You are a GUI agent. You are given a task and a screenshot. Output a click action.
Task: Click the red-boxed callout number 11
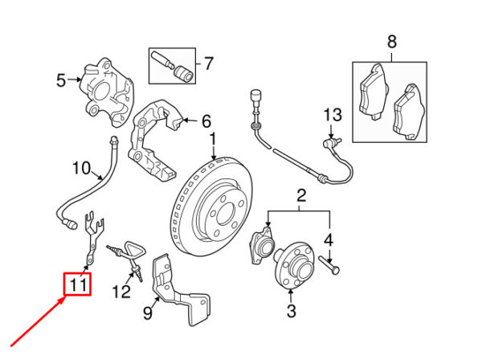(x=77, y=284)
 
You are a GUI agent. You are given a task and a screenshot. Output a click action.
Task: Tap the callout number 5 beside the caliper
(x=61, y=80)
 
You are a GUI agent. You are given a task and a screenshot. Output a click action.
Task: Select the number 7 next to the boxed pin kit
(x=209, y=63)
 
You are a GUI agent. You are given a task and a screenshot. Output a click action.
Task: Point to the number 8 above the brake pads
(x=392, y=42)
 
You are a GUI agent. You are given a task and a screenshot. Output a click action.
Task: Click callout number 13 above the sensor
(x=333, y=115)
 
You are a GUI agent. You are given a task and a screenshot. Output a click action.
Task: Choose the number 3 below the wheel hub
(x=291, y=310)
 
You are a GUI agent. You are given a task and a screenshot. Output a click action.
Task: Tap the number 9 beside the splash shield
(x=148, y=313)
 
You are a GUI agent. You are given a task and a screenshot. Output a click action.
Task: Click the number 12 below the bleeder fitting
(x=121, y=292)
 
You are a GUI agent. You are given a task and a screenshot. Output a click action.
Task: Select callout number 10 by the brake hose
(x=81, y=168)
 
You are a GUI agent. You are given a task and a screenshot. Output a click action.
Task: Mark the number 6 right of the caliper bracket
(x=206, y=121)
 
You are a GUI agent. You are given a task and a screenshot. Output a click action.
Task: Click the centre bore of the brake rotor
(x=225, y=215)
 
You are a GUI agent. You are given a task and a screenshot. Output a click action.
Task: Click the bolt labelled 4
(x=329, y=264)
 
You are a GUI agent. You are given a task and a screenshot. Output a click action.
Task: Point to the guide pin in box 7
(x=162, y=60)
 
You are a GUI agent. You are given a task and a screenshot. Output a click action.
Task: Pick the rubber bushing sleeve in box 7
(x=183, y=75)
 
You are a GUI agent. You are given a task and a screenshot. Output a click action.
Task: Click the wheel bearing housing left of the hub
(x=262, y=245)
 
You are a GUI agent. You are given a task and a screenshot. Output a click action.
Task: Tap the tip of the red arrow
(x=66, y=297)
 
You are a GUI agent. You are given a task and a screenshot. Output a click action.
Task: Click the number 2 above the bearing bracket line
(x=301, y=195)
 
